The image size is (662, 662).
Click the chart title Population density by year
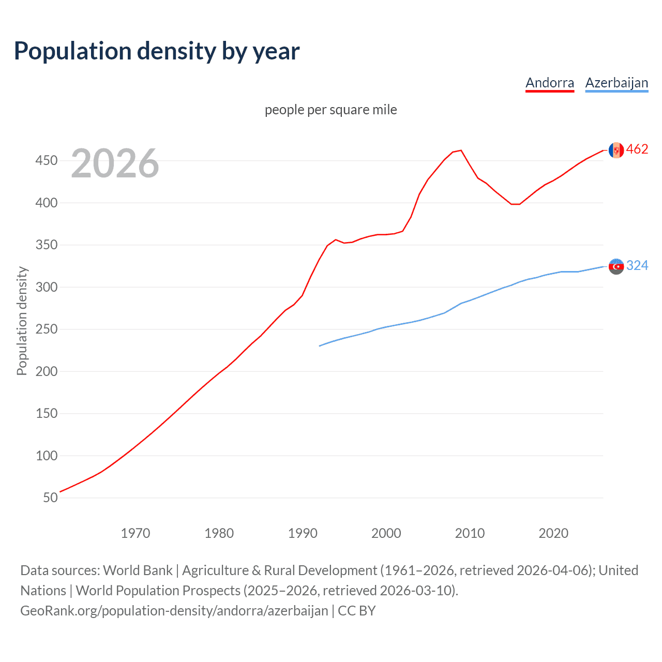[157, 51]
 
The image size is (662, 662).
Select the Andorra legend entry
[549, 83]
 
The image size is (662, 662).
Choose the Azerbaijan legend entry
[616, 83]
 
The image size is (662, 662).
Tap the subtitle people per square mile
[330, 110]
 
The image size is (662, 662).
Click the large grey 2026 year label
[115, 163]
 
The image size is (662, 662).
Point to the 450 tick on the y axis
[47, 160]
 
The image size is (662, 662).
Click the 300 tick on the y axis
[47, 287]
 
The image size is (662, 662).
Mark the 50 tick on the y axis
[50, 498]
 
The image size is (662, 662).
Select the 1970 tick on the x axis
[136, 533]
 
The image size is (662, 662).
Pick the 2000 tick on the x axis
[386, 533]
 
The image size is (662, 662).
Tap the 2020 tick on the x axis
[553, 533]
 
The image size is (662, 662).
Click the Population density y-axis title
[22, 321]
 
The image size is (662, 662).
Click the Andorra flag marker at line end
[616, 150]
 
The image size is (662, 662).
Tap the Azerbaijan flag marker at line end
[616, 266]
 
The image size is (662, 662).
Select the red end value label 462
[637, 149]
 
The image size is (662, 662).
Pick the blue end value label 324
[637, 266]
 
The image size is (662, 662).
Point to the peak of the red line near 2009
[461, 151]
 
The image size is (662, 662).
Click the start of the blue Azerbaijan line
[320, 345]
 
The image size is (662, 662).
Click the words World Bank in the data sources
[138, 570]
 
